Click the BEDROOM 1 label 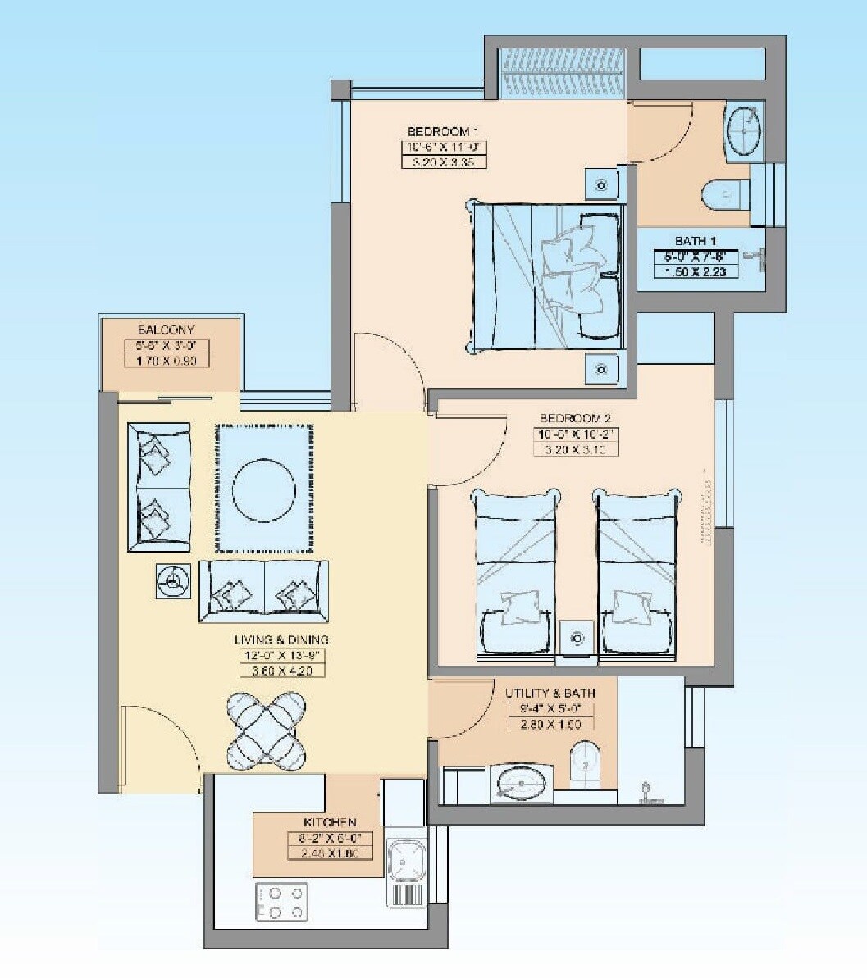tap(443, 131)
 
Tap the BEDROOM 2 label tap(575, 418)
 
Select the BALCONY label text tap(167, 330)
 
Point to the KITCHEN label tap(330, 822)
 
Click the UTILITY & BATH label tap(550, 694)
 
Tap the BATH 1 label tap(696, 241)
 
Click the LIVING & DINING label tap(281, 639)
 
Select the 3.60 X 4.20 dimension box tap(281, 671)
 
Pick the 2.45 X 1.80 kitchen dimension tap(330, 853)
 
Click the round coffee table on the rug tap(263, 490)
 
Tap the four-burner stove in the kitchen tap(281, 901)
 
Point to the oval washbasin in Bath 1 tap(745, 128)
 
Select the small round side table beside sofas tap(173, 581)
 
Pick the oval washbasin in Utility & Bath tap(521, 784)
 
